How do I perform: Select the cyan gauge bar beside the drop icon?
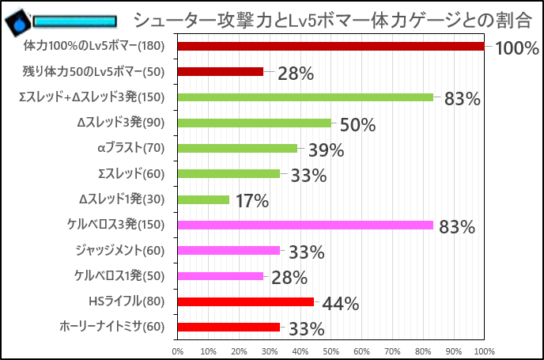click(x=74, y=21)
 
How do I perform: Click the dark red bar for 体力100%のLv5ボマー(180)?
click(x=331, y=47)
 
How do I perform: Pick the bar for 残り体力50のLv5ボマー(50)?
click(x=221, y=72)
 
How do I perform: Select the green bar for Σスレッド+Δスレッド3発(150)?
click(x=305, y=97)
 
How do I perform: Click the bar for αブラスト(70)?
click(x=237, y=148)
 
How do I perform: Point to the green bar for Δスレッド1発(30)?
click(x=203, y=199)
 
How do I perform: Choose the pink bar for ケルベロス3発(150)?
click(x=305, y=225)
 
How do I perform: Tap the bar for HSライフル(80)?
click(x=246, y=301)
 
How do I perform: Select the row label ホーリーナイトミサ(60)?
click(x=112, y=327)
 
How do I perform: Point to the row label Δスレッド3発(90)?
click(x=121, y=123)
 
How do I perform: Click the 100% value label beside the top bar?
click(x=516, y=49)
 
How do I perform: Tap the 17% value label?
click(x=251, y=201)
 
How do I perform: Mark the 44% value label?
click(x=341, y=303)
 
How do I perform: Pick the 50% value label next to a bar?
click(x=357, y=125)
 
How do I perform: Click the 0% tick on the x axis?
click(x=178, y=351)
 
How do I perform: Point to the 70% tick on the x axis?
click(x=392, y=351)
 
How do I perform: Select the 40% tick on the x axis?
click(x=300, y=351)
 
